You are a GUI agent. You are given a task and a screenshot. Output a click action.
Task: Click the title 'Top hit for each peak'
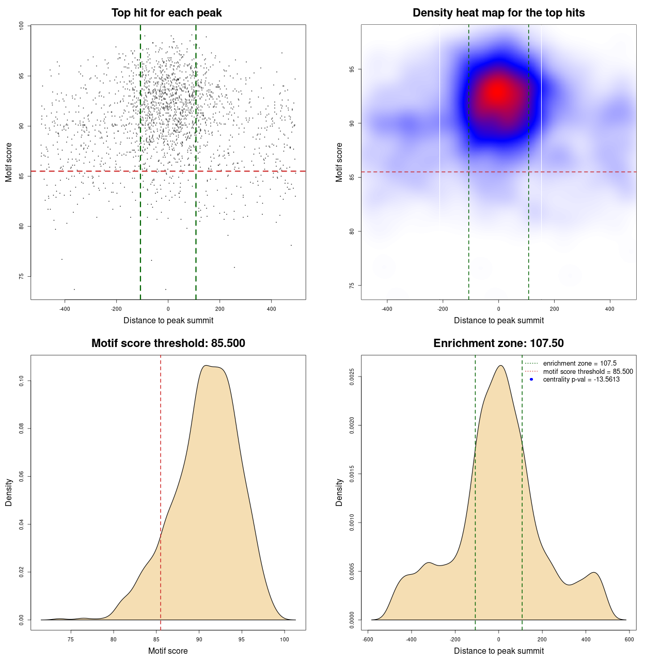tap(166, 13)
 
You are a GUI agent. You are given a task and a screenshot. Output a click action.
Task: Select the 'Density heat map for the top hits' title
tap(498, 13)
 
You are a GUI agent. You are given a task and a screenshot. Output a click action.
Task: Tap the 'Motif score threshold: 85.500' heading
tap(168, 343)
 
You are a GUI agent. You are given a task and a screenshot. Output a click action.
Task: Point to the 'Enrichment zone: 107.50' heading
tap(498, 343)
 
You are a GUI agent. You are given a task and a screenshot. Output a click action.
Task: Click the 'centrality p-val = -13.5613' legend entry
tap(581, 380)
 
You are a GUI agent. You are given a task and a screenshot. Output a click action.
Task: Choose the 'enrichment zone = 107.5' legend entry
tap(579, 364)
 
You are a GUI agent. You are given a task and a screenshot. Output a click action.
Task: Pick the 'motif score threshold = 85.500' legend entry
tap(588, 372)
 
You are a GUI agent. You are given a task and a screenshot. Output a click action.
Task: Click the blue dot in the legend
tap(531, 380)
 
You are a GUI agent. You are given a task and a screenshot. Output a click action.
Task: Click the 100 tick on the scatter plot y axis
tap(22, 26)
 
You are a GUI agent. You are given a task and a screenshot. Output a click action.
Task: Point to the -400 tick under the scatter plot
tap(65, 309)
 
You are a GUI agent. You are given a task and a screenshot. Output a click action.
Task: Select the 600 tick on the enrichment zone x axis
tap(629, 640)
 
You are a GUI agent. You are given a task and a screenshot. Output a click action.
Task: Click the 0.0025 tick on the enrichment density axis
tap(352, 377)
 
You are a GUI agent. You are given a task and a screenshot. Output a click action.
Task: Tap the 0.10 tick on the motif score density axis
tap(22, 381)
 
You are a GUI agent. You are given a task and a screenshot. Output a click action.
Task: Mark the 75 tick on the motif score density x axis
tap(71, 640)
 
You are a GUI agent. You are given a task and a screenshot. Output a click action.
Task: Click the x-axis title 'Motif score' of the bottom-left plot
tap(168, 651)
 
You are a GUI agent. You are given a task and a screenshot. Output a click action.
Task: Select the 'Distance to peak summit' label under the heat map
tap(498, 321)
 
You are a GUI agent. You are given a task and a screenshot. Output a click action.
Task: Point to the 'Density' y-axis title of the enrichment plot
tap(339, 492)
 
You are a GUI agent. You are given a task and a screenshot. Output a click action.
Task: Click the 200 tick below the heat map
tap(554, 309)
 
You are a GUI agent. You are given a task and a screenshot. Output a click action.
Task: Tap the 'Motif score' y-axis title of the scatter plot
tap(9, 162)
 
